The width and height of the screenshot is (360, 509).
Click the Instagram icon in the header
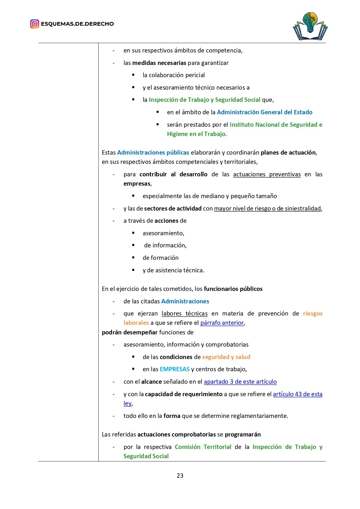tap(35, 24)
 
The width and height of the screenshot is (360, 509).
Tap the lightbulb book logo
tap(310, 26)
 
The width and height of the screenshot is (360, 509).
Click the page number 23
tap(180, 475)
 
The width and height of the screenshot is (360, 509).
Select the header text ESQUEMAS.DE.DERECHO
tap(77, 24)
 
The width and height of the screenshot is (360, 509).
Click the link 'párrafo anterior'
tap(222, 323)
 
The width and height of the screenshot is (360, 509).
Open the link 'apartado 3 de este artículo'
tap(240, 382)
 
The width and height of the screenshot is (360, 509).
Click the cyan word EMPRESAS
tap(175, 369)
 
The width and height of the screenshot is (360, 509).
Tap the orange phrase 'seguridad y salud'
tap(226, 357)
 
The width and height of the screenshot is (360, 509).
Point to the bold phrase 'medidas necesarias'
tap(159, 63)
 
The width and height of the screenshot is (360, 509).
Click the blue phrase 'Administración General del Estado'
tap(265, 112)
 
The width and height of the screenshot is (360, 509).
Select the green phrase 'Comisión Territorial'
tap(203, 447)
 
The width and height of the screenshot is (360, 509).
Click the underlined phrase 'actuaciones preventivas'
tap(267, 174)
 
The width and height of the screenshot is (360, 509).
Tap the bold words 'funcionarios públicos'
tap(233, 289)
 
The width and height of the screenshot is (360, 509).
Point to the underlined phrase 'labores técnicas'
tap(184, 314)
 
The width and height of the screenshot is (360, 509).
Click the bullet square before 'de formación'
tap(133, 258)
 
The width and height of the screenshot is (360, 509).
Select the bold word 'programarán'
tap(243, 434)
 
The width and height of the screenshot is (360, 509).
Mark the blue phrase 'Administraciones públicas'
tap(153, 153)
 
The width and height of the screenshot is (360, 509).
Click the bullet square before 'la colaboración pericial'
tap(133, 75)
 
